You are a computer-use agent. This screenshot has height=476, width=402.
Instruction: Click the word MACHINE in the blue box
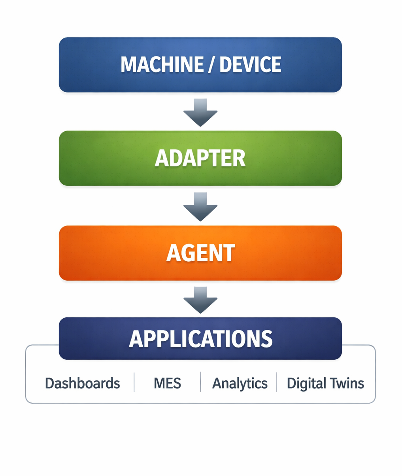click(162, 65)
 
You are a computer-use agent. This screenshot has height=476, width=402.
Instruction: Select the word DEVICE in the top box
click(250, 65)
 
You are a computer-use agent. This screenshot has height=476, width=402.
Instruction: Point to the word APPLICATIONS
click(200, 339)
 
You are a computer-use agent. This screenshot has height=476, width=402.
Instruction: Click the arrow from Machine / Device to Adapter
click(200, 113)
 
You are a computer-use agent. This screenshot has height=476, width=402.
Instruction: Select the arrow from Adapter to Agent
click(200, 207)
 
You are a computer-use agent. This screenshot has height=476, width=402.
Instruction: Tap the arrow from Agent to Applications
click(200, 300)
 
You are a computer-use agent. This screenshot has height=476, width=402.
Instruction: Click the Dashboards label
click(82, 383)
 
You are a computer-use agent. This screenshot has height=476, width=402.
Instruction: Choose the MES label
click(167, 383)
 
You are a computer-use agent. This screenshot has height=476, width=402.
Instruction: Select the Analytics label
click(240, 383)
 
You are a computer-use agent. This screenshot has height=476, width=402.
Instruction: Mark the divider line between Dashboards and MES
click(134, 382)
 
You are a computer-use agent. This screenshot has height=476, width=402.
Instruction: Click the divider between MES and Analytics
click(200, 382)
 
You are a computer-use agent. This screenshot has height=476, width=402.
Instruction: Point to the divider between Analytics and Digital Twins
click(277, 382)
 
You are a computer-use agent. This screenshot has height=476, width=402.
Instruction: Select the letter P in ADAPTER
click(203, 159)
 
